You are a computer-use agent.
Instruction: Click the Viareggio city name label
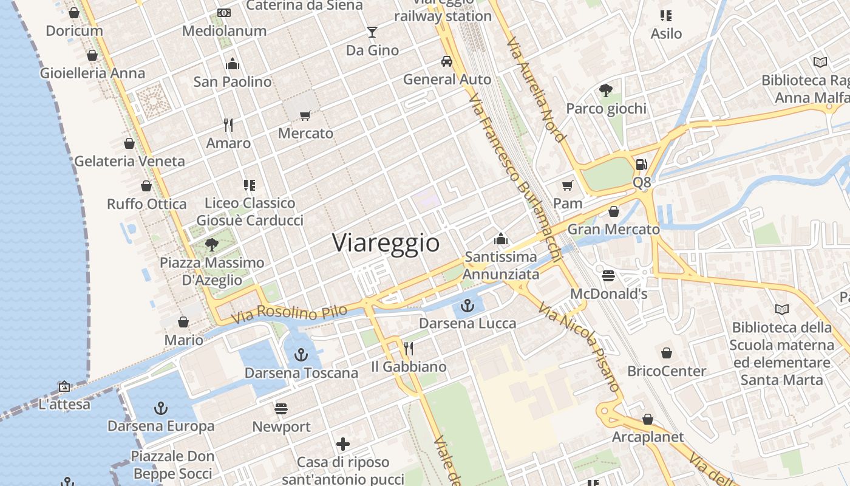(x=386, y=243)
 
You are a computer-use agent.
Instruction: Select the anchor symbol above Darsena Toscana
(x=301, y=354)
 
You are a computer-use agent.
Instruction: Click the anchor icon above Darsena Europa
(x=161, y=408)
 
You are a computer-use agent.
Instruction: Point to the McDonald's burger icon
(x=608, y=276)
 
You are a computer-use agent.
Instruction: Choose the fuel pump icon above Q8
(x=641, y=164)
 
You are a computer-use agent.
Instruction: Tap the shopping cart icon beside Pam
(x=568, y=185)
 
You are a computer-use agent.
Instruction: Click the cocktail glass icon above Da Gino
(x=372, y=32)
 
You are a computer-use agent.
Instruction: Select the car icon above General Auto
(x=447, y=61)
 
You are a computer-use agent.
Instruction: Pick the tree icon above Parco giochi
(x=605, y=91)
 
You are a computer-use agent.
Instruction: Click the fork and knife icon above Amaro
(x=228, y=125)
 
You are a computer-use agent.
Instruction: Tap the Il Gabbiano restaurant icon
(x=409, y=348)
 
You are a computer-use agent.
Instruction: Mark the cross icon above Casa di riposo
(x=343, y=444)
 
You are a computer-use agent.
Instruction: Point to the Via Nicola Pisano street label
(x=580, y=349)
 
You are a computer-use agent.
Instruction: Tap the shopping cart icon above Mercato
(x=305, y=115)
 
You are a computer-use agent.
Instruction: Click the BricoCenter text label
(x=667, y=371)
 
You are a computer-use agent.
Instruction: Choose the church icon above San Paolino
(x=233, y=64)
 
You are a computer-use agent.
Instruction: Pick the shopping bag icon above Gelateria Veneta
(x=129, y=143)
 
